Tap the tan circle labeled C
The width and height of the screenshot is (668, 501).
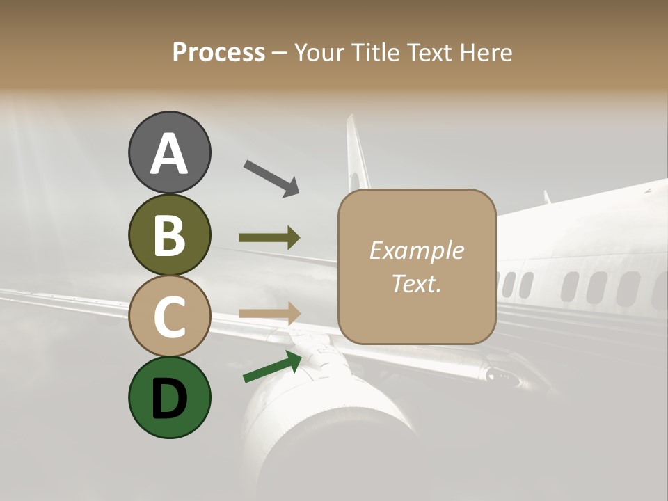pos(169,315)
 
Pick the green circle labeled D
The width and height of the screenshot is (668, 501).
pos(169,397)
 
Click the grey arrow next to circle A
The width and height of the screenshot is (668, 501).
pos(271,177)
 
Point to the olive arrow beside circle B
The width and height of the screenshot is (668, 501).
pos(269,238)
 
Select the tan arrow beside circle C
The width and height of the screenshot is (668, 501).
pos(269,313)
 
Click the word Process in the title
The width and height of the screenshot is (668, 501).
pos(218,52)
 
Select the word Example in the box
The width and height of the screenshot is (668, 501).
pos(416,250)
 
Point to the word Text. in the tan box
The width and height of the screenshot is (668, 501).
pos(416,283)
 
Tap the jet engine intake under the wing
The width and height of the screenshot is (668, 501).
pos(327,424)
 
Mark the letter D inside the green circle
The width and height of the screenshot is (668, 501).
pos(169,399)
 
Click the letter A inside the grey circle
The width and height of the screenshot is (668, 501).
pos(169,154)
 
